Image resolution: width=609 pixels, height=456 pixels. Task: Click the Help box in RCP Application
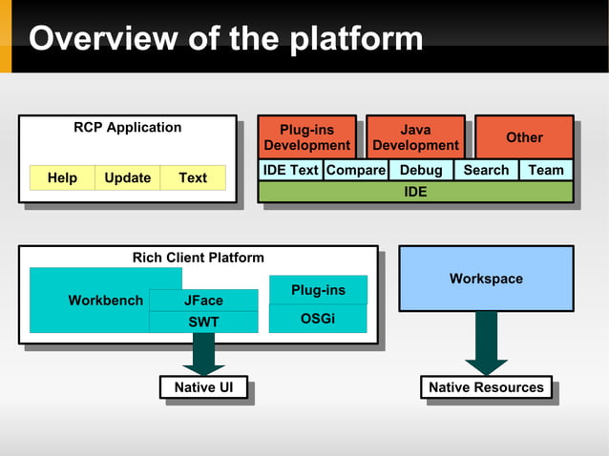[x=62, y=177]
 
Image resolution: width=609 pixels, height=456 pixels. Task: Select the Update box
[x=127, y=177]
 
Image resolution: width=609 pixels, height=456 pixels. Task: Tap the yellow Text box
[x=193, y=177]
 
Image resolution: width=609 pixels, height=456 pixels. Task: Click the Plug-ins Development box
[x=306, y=137]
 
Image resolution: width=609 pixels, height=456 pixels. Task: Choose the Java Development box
[x=415, y=137]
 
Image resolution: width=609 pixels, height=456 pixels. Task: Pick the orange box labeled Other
[x=523, y=137]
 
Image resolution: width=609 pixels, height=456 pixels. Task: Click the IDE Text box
[x=290, y=170]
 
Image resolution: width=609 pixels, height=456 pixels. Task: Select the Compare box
[x=355, y=170]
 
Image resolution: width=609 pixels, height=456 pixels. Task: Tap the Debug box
[x=420, y=170]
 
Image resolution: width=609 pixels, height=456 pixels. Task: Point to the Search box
[x=486, y=170]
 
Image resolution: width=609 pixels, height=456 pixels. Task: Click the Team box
[x=546, y=170]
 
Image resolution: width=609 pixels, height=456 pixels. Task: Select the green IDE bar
[x=415, y=192]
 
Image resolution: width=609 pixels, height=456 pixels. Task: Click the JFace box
[x=203, y=301]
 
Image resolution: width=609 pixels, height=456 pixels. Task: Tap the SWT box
[x=203, y=322]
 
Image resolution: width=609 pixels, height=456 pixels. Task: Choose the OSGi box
[x=318, y=319]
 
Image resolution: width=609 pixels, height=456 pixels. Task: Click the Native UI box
[x=203, y=387]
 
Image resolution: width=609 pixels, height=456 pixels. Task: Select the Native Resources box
[x=486, y=387]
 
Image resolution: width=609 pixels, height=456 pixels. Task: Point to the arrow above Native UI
[x=203, y=353]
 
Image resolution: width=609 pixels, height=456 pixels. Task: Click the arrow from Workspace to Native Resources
[x=486, y=342]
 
